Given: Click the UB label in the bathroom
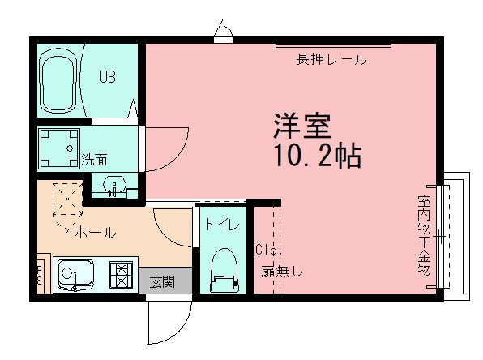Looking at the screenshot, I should (108, 78).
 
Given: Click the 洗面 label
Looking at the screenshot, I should (94, 160).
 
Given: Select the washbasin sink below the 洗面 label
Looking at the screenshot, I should (114, 187).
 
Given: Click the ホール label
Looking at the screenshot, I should (95, 233).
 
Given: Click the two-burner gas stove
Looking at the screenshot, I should (121, 276).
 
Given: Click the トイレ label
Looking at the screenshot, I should (221, 225).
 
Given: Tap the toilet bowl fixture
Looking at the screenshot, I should (221, 271).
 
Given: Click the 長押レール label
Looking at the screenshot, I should (331, 59).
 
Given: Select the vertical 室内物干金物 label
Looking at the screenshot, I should (424, 235).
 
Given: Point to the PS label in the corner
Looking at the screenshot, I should (38, 275).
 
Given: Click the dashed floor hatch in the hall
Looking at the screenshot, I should (66, 206).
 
